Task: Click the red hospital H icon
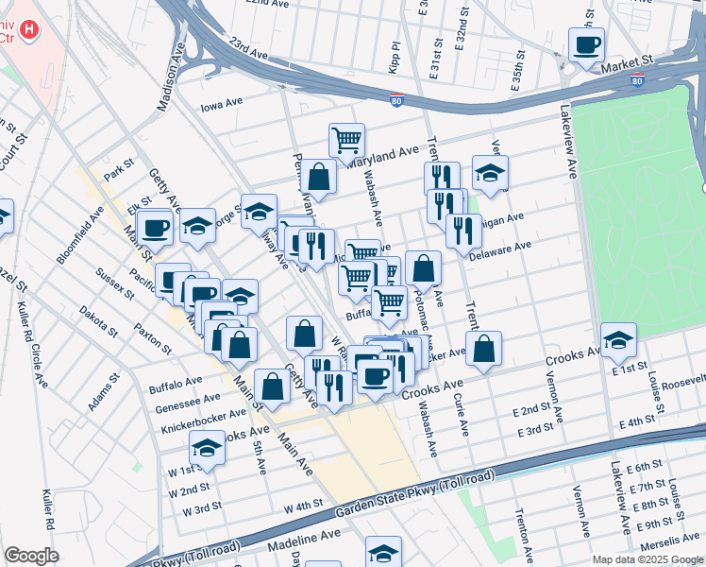pyautogui.click(x=31, y=30)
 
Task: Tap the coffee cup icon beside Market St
pyautogui.click(x=585, y=44)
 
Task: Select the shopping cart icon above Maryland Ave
pyautogui.click(x=346, y=140)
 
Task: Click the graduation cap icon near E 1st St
pyautogui.click(x=618, y=339)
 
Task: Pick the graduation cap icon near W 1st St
pyautogui.click(x=208, y=448)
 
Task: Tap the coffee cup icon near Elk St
pyautogui.click(x=155, y=227)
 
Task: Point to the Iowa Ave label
pyautogui.click(x=222, y=104)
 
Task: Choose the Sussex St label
pyautogui.click(x=113, y=283)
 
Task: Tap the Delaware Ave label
pyautogui.click(x=500, y=249)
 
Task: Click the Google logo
pyautogui.click(x=31, y=556)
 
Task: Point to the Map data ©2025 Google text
pyautogui.click(x=647, y=559)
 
